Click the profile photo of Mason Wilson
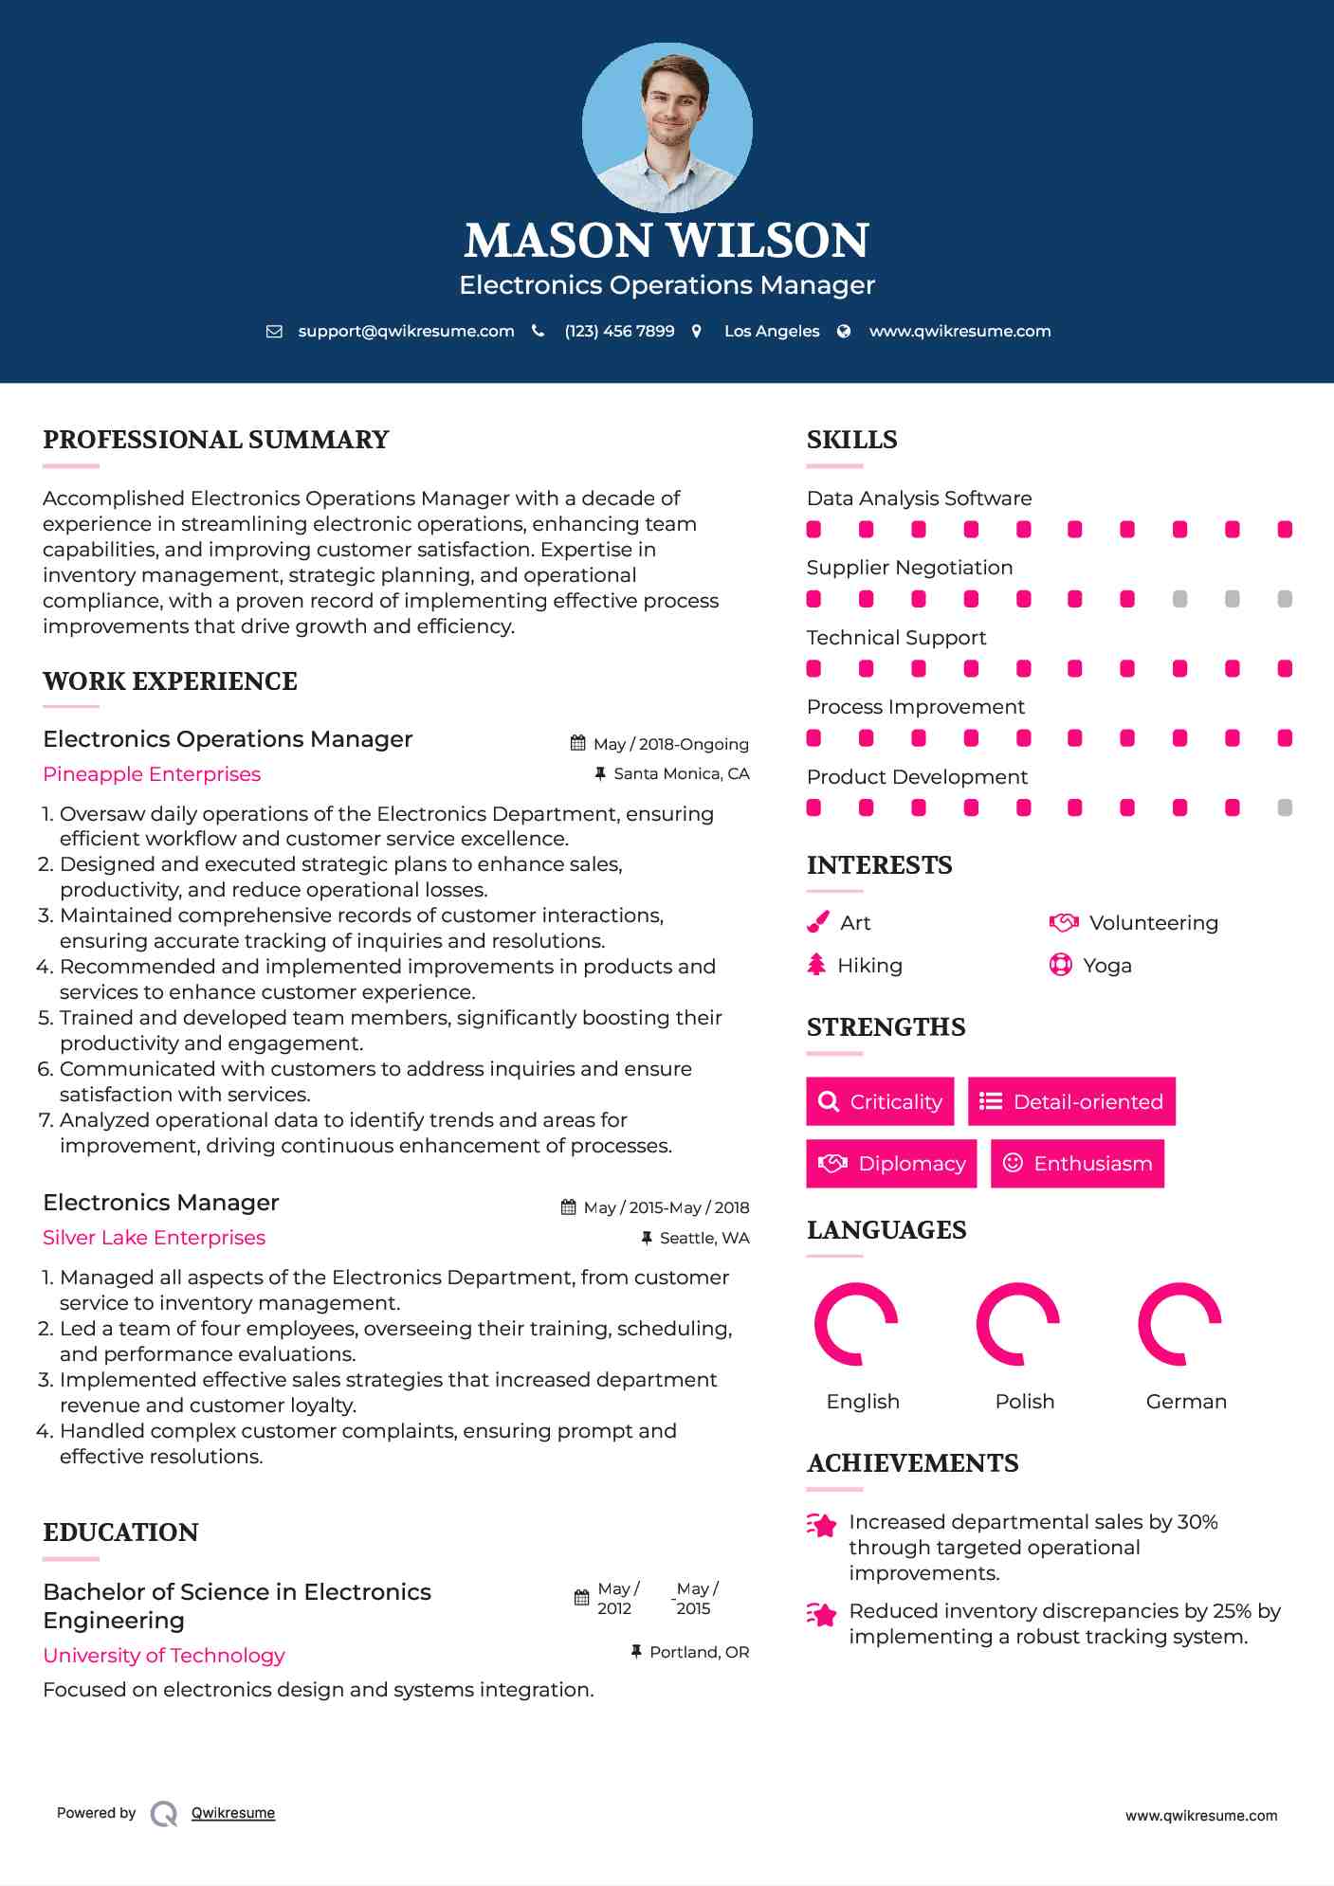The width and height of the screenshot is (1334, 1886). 667,127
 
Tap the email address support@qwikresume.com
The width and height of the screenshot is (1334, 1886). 406,331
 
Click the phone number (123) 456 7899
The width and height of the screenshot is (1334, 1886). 619,331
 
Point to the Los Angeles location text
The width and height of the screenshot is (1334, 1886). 771,331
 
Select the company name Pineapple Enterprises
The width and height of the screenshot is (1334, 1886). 152,774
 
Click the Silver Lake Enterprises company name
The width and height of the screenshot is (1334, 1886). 154,1238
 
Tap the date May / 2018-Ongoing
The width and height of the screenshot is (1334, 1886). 670,744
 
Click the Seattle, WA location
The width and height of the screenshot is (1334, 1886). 704,1238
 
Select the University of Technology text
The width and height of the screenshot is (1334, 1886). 164,1656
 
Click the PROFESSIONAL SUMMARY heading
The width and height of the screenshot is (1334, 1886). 216,440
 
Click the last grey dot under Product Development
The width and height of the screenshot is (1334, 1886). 1285,807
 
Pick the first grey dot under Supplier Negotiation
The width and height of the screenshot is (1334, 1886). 1179,599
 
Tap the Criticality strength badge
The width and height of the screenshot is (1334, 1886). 880,1101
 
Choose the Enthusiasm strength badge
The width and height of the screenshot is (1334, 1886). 1077,1163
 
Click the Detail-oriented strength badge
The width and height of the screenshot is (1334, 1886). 1071,1101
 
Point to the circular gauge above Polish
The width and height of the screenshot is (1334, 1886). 1018,1324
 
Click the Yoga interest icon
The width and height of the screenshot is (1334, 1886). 1060,965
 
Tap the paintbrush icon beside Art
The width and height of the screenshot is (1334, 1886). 817,922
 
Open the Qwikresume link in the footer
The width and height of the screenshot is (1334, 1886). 233,1813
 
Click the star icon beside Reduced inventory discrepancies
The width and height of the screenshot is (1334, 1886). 822,1614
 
